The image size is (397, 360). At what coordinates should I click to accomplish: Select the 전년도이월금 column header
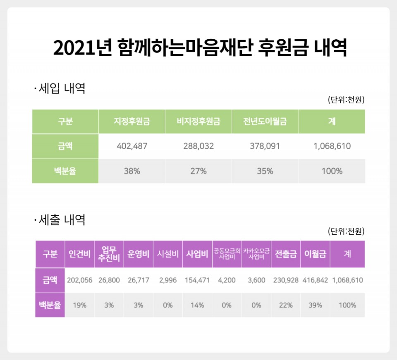coord(265,122)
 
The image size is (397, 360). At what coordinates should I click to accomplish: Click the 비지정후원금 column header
coord(198,122)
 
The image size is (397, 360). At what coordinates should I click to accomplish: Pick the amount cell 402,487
coord(132,146)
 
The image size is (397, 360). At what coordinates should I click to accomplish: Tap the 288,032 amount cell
coord(198,146)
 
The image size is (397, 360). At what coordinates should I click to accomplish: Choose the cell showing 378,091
coord(265,146)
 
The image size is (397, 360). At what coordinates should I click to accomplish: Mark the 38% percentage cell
coord(132,171)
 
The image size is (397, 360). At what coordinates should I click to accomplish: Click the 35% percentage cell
coord(265,171)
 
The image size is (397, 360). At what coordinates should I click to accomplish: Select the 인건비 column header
coord(79,254)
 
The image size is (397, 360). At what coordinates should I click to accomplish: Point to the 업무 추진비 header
coord(109,254)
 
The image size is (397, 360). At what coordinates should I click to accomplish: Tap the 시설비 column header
coord(167,254)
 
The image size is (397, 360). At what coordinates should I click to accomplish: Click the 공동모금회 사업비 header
coord(227,254)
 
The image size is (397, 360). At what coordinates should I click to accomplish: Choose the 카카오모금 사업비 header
coord(256,254)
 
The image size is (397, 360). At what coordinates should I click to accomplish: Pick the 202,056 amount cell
coord(79,280)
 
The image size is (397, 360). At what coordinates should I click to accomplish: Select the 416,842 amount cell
coord(315,280)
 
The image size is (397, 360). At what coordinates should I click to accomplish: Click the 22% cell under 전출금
coord(286,305)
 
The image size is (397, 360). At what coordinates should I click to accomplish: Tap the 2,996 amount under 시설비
coord(167,280)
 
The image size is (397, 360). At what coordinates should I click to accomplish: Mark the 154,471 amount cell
coord(197,280)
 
